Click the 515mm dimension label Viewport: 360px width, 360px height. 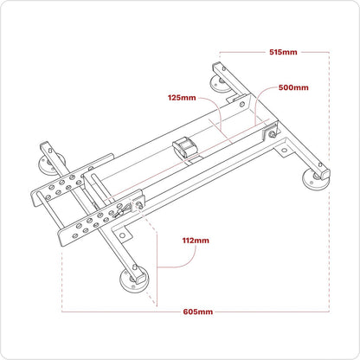[283, 52]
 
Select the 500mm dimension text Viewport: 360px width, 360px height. [295, 87]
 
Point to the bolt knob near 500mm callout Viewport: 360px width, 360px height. [273, 133]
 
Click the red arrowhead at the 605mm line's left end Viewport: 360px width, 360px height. [65, 310]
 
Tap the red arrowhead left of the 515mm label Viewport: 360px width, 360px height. [223, 52]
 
